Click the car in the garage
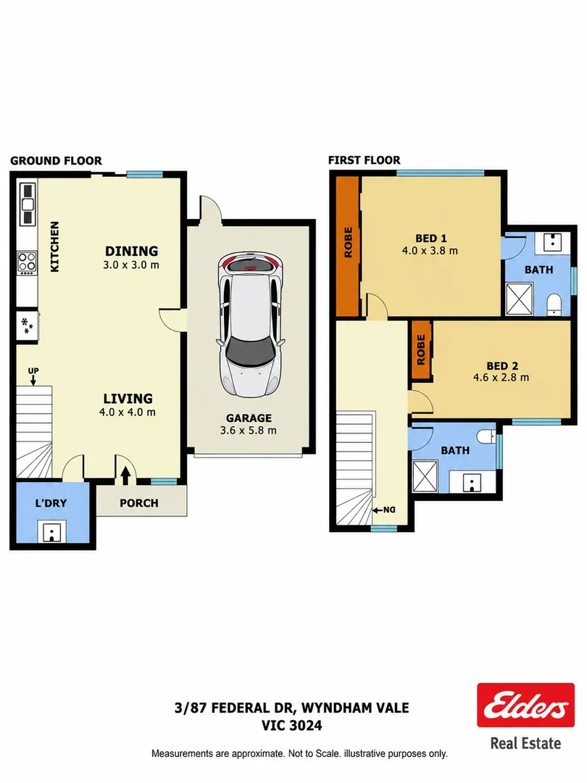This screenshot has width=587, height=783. (250, 326)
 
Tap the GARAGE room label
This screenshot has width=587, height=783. (249, 418)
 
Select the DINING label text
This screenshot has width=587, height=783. (131, 251)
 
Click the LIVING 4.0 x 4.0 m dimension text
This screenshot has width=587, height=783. (128, 412)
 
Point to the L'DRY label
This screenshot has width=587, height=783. (51, 503)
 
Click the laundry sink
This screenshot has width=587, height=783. (51, 531)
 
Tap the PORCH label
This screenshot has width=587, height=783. (138, 503)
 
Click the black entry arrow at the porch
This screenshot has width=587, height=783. (125, 475)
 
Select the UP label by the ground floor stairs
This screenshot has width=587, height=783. (33, 370)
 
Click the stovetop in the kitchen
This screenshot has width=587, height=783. (27, 262)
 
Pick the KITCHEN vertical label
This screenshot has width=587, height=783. (54, 246)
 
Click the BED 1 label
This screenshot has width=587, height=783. (430, 239)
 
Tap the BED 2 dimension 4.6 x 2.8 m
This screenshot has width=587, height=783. (501, 378)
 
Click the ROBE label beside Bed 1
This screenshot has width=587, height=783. (349, 242)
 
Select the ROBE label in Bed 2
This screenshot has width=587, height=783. (421, 349)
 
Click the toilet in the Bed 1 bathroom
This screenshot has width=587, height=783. (554, 304)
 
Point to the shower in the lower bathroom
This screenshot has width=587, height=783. (425, 477)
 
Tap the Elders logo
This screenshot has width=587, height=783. (525, 705)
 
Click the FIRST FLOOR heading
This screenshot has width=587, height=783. (364, 160)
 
